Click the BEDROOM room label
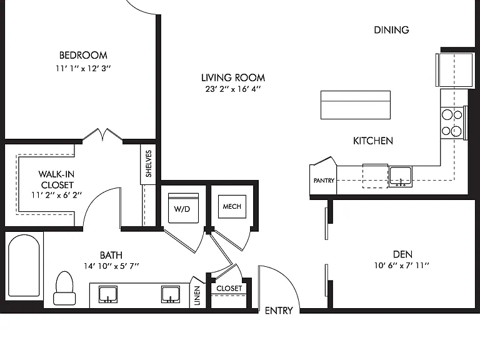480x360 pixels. coord(83,56)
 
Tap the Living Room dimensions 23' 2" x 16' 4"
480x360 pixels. coord(233,89)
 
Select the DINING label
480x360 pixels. coord(391,30)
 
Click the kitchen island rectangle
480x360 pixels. coord(356,105)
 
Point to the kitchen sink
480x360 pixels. coord(401,177)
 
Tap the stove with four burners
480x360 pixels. coord(452,122)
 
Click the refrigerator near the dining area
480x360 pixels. coord(454,70)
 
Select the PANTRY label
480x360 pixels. coord(324,181)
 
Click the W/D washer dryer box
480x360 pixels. coord(183,208)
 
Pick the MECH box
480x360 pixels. coord(232,207)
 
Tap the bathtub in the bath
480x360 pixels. coord(24,266)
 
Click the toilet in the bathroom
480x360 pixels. coord(64,288)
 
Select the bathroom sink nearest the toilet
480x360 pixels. coord(108,294)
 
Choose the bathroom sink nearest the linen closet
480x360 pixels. coord(171,294)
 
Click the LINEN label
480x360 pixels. coord(197,296)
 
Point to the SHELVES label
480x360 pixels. coord(149,164)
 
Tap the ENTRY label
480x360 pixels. coord(279,311)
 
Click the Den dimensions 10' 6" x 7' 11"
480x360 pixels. coord(402,266)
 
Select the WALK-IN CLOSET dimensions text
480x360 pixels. coord(57,195)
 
